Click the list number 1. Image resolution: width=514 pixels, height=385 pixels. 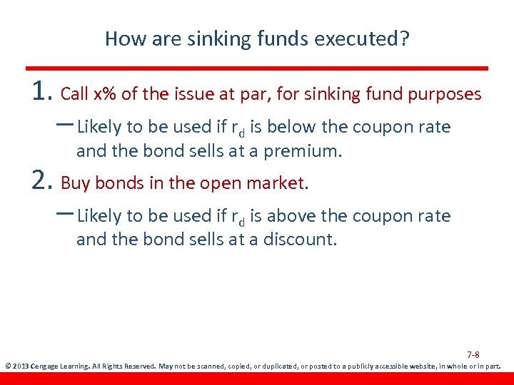click(42, 91)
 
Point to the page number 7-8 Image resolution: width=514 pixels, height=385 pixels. click(473, 354)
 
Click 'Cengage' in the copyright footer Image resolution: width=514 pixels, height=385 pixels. click(48, 367)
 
